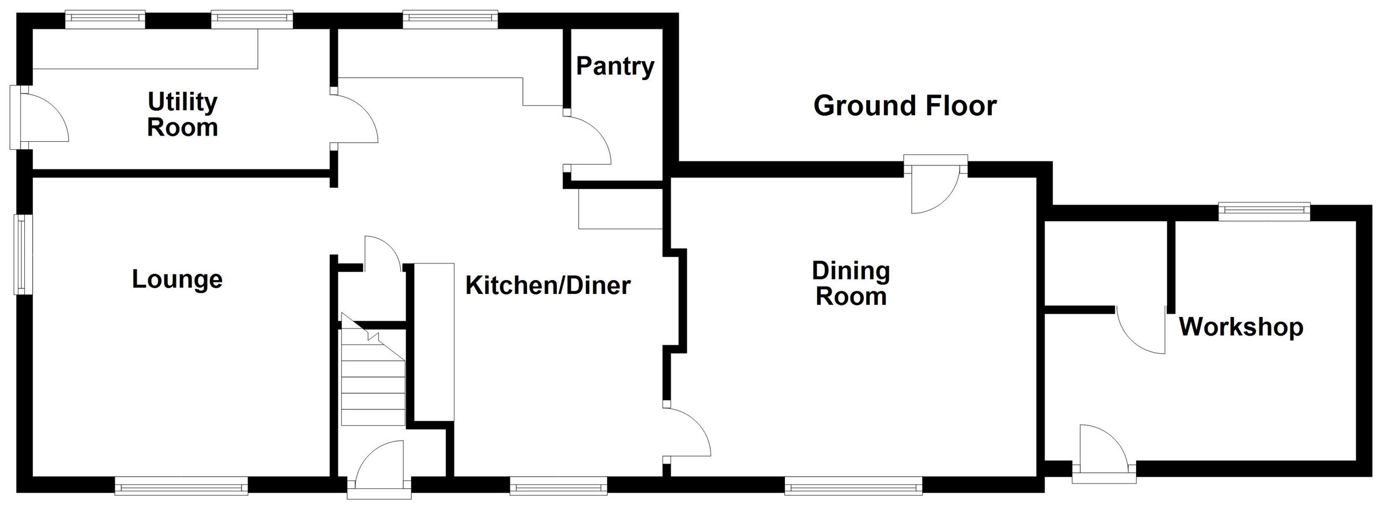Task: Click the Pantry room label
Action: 615,66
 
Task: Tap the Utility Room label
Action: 183,114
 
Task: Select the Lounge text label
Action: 177,279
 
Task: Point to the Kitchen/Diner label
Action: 548,285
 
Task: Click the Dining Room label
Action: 851,284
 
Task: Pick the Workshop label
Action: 1241,327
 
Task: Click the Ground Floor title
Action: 905,106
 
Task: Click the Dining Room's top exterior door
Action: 935,184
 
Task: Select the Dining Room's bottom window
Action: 853,485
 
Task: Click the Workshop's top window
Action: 1264,212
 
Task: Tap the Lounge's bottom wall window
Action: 181,485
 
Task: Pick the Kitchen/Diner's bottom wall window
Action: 559,485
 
